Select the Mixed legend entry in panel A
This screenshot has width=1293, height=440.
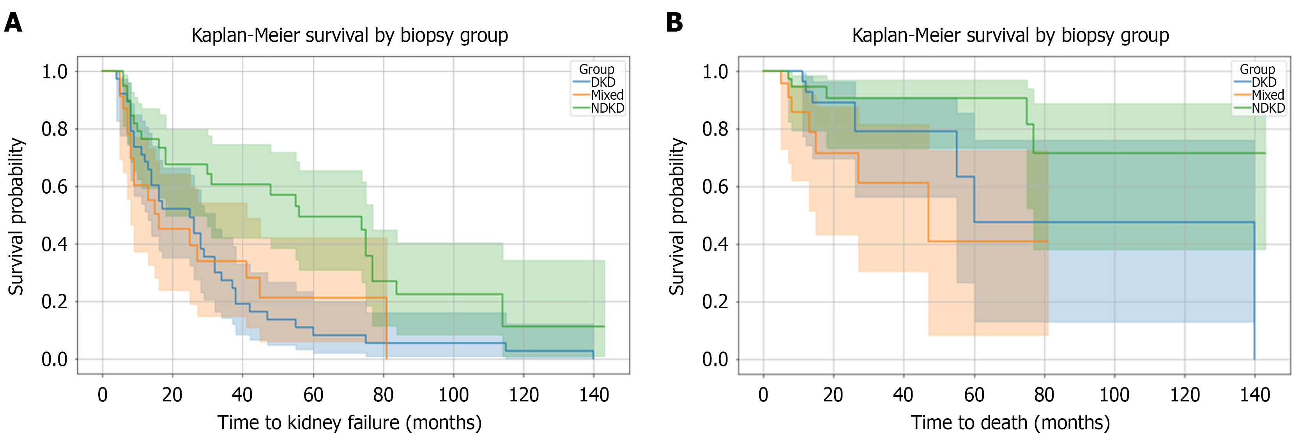(x=606, y=95)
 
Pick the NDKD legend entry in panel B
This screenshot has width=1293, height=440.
(x=1267, y=108)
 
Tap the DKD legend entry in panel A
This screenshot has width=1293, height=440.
(x=602, y=82)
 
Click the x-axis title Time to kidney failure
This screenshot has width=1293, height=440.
(x=349, y=422)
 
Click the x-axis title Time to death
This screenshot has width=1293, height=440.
(x=1010, y=422)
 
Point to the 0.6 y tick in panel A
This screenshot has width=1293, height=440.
(x=54, y=187)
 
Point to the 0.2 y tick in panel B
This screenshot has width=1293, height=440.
(x=715, y=302)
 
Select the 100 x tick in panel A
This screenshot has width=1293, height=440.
(x=453, y=395)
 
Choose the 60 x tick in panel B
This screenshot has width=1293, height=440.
(x=974, y=395)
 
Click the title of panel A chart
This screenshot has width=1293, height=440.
(x=349, y=35)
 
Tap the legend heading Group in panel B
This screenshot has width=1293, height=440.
(x=1257, y=69)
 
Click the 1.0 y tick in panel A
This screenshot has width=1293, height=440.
(x=54, y=72)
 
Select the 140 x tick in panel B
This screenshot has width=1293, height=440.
(x=1254, y=395)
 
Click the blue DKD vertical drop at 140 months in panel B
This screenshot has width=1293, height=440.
(x=1254, y=291)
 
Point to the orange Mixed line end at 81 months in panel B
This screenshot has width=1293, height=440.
(x=1047, y=241)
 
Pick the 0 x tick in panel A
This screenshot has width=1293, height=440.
(x=103, y=395)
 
